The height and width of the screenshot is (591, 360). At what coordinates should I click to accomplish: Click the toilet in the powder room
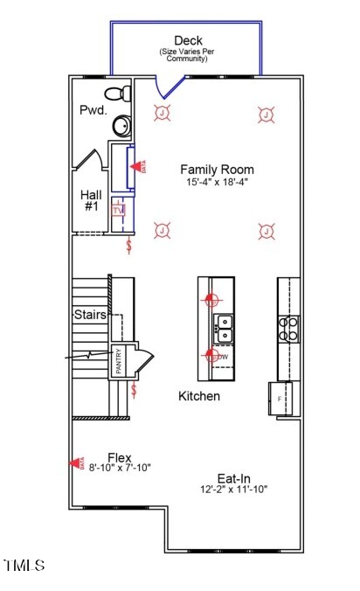(x=117, y=93)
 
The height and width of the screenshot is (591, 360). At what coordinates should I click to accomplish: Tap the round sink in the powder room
(x=122, y=127)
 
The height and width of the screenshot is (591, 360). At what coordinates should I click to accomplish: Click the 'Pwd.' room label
(x=92, y=111)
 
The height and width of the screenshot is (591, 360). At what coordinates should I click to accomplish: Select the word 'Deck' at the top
(x=188, y=40)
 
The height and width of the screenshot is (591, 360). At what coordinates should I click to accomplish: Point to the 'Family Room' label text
(x=217, y=170)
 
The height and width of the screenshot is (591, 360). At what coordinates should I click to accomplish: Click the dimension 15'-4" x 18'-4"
(x=217, y=184)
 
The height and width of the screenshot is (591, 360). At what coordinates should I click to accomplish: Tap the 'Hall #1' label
(x=90, y=200)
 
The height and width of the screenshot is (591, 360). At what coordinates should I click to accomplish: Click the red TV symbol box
(x=119, y=210)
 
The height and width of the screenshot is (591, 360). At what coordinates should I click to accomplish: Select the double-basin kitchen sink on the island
(x=224, y=328)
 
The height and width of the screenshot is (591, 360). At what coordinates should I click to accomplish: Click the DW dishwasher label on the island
(x=223, y=357)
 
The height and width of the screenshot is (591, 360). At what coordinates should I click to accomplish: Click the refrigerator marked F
(x=280, y=398)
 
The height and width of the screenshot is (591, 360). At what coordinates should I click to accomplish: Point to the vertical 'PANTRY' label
(x=118, y=362)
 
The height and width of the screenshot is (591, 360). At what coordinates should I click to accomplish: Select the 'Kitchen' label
(x=199, y=396)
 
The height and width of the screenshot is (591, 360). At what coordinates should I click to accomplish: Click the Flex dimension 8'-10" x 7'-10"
(x=120, y=468)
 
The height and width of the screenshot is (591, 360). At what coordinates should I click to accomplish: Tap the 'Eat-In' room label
(x=233, y=478)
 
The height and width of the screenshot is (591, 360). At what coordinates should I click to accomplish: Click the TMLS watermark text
(x=24, y=566)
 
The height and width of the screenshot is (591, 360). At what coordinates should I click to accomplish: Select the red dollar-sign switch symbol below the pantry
(x=134, y=390)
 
